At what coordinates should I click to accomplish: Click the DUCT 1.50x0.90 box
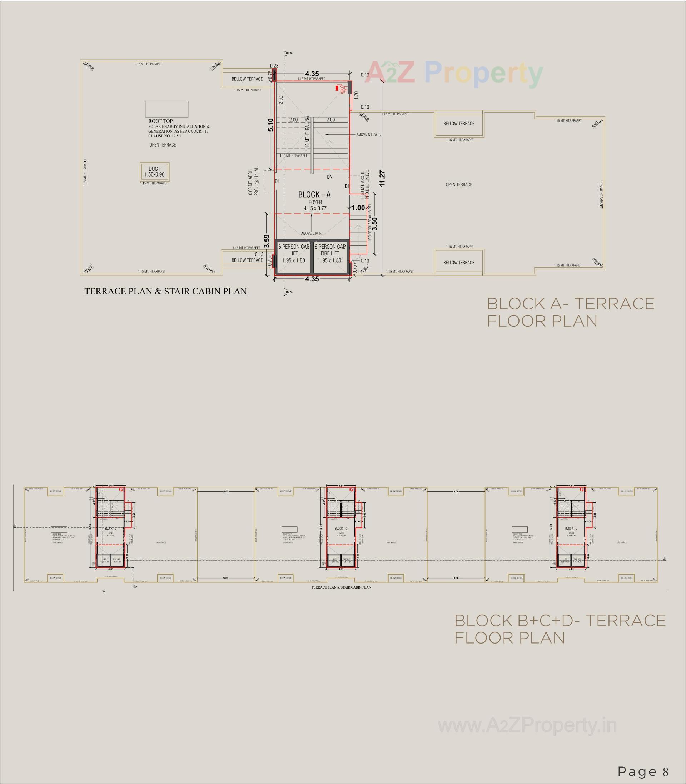tap(154, 172)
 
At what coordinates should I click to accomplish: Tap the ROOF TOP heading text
tap(160, 121)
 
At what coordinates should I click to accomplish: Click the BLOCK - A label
tap(314, 194)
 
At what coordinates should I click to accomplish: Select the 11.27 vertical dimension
tap(382, 178)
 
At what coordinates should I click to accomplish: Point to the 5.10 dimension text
tap(271, 125)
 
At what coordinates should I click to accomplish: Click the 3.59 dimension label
tap(267, 241)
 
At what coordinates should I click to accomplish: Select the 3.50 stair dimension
tap(374, 224)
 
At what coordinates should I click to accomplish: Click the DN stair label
tap(329, 177)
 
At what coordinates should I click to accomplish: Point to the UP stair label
tap(358, 257)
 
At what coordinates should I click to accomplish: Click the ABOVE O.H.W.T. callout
tap(368, 135)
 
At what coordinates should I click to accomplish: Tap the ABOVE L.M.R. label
tap(311, 233)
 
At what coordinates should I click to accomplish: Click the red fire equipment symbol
tap(339, 88)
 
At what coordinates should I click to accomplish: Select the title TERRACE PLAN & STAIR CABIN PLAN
tap(165, 291)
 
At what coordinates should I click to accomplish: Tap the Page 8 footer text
tap(643, 771)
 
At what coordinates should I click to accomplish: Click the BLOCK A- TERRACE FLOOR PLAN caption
tap(570, 312)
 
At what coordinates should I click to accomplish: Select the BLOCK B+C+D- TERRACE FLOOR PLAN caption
tap(559, 629)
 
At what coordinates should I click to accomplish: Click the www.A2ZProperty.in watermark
tap(527, 725)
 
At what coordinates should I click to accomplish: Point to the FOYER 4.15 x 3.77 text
tap(315, 205)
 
